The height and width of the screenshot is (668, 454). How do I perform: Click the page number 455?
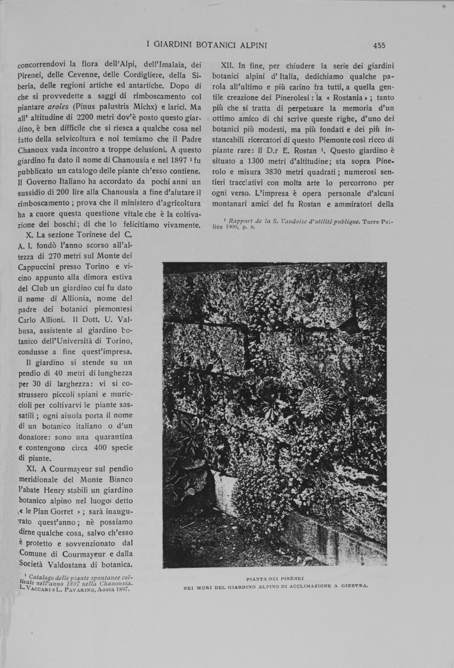pos(379,45)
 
